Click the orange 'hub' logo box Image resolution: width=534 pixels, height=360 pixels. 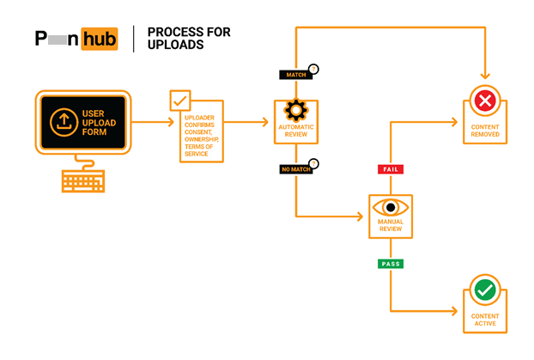pyautogui.click(x=99, y=39)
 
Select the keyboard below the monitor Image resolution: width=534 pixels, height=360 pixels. pyautogui.click(x=82, y=180)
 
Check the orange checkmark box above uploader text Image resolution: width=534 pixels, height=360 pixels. pyautogui.click(x=179, y=101)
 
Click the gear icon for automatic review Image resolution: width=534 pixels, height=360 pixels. pyautogui.click(x=296, y=110)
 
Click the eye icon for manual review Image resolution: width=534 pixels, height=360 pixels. pyautogui.click(x=391, y=207)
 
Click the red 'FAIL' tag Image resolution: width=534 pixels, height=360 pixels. pyautogui.click(x=390, y=169)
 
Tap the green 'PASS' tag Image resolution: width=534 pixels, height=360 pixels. pyautogui.click(x=390, y=264)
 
